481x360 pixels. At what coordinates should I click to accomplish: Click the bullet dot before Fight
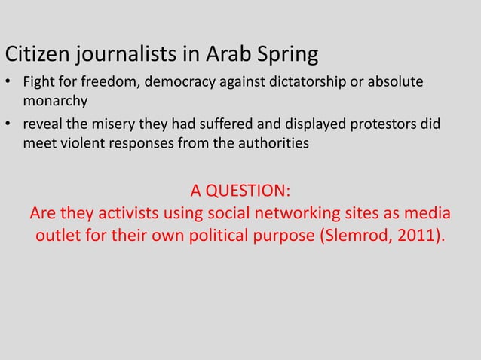tap(10, 82)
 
